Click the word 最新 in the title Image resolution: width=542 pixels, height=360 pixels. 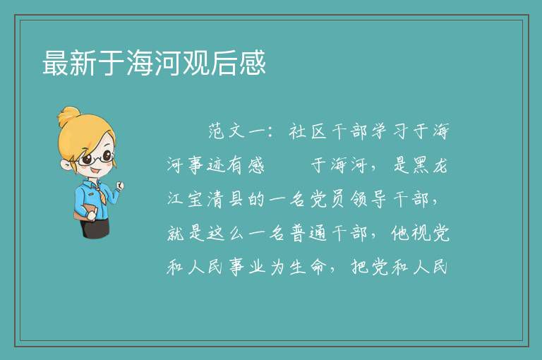pyautogui.click(x=69, y=63)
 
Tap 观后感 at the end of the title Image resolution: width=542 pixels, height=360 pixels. pyautogui.click(x=224, y=63)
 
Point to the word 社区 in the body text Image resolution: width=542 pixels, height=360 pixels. pyautogui.click(x=308, y=131)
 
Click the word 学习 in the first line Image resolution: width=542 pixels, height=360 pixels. pyautogui.click(x=390, y=131)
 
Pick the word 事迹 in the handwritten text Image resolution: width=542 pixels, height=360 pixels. pyautogui.click(x=206, y=165)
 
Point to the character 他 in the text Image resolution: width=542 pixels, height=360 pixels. pyautogui.click(x=400, y=233)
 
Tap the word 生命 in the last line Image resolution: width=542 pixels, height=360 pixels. pyautogui.click(x=308, y=267)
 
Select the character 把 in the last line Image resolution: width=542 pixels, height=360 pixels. pyautogui.click(x=359, y=267)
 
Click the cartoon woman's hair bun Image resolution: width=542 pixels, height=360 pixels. pyautogui.click(x=69, y=116)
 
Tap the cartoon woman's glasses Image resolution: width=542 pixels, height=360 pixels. pyautogui.click(x=96, y=158)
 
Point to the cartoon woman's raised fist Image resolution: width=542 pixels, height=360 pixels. pyautogui.click(x=119, y=186)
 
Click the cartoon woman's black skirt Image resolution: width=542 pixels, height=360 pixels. pyautogui.click(x=95, y=227)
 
